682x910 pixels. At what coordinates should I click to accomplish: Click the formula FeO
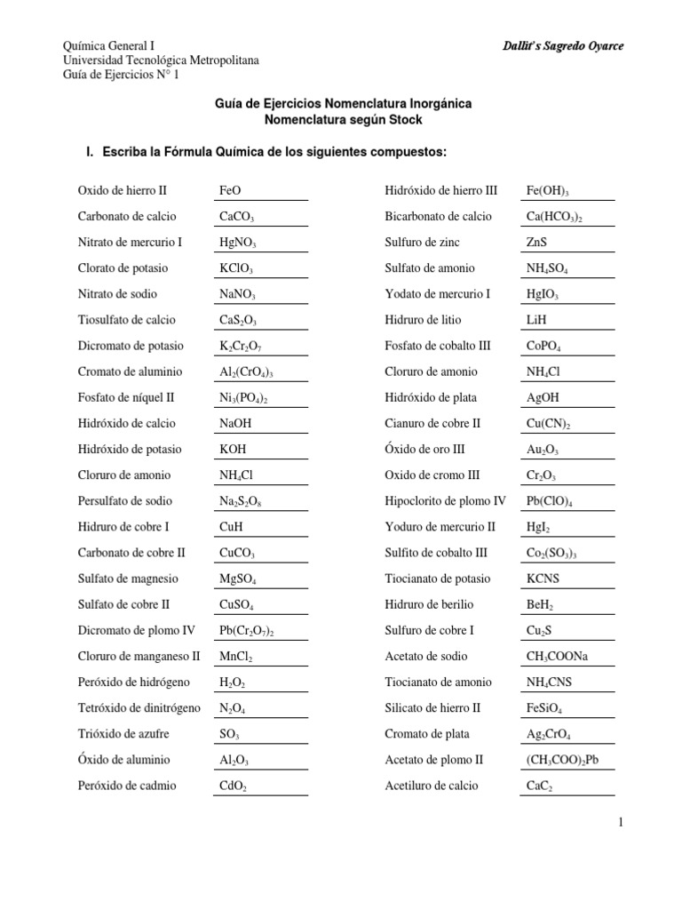pyautogui.click(x=230, y=190)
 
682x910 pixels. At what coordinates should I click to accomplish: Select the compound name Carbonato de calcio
pyautogui.click(x=127, y=216)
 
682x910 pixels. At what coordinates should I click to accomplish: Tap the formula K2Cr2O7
pyautogui.click(x=240, y=346)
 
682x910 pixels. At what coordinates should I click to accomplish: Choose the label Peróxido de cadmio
pyautogui.click(x=127, y=786)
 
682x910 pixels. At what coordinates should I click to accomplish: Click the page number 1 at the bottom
pyautogui.click(x=622, y=824)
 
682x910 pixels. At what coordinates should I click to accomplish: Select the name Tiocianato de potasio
pyautogui.click(x=437, y=579)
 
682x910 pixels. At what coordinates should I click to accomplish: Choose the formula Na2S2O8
pyautogui.click(x=240, y=501)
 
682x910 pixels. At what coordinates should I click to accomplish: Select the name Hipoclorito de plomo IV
pyautogui.click(x=445, y=501)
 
